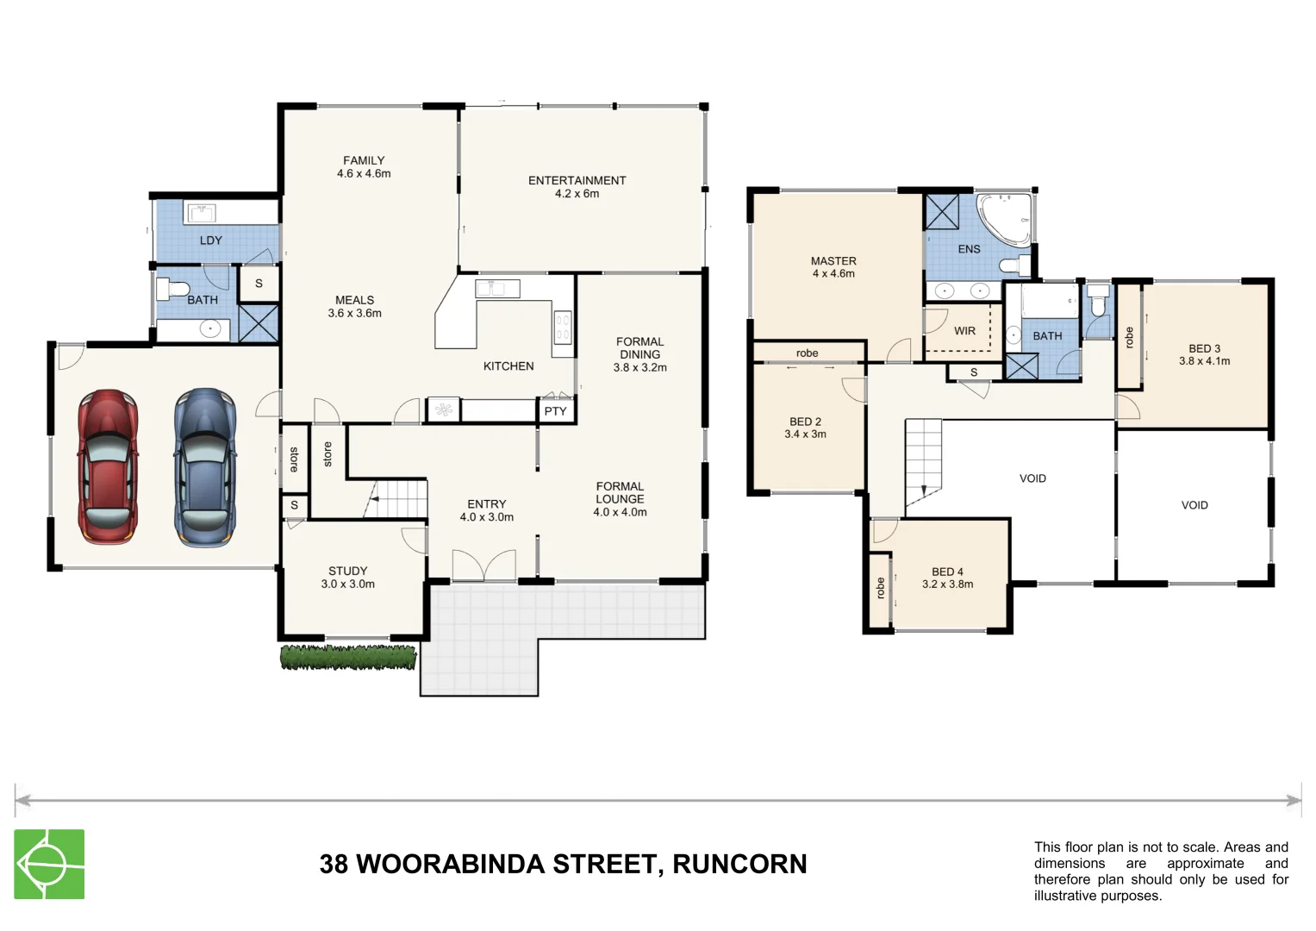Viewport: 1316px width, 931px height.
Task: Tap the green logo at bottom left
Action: (x=49, y=864)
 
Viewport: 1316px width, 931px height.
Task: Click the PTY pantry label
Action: (x=555, y=411)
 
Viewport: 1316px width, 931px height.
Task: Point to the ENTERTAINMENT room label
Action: (x=577, y=180)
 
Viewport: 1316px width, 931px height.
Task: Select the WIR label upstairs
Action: (x=964, y=331)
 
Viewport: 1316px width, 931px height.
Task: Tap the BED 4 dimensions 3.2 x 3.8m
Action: (x=947, y=584)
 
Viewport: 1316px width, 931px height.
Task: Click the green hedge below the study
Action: (x=348, y=658)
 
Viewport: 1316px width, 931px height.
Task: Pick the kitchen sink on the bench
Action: (x=497, y=288)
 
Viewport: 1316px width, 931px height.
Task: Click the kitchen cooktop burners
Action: (x=562, y=328)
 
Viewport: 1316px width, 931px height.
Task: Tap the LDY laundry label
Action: (x=210, y=241)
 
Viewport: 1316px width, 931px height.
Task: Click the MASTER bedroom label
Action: (x=833, y=261)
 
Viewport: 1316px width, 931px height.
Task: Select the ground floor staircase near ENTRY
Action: (x=397, y=499)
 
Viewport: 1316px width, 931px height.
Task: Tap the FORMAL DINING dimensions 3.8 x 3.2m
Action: (x=639, y=367)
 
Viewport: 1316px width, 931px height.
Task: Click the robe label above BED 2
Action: (x=807, y=353)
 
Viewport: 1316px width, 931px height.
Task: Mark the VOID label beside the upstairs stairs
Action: (x=1032, y=478)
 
